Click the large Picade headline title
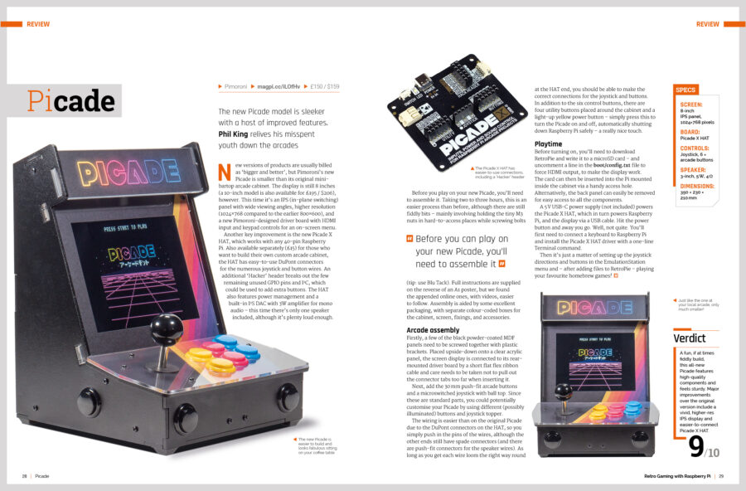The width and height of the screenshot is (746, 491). (x=70, y=100)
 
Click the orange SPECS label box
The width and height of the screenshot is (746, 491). (x=686, y=89)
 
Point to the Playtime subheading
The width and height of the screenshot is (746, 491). (x=548, y=143)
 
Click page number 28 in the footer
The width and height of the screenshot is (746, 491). (x=25, y=476)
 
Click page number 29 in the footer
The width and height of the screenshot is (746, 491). (x=721, y=476)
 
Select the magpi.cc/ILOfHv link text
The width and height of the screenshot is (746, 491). (x=275, y=86)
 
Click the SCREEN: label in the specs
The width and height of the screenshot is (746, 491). (x=690, y=105)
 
